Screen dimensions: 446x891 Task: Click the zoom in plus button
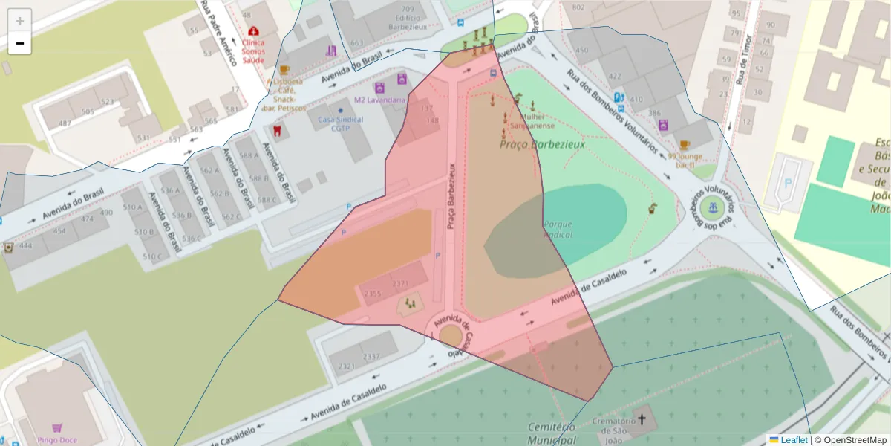[x=20, y=21]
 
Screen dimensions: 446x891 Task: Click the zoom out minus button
[x=20, y=44]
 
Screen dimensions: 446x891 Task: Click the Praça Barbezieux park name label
[x=542, y=144]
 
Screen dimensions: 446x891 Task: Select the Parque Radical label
[x=558, y=229]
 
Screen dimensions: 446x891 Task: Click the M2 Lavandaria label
[x=379, y=100]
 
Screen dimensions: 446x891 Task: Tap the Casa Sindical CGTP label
[x=340, y=123]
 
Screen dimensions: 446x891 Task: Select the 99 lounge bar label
[x=684, y=161]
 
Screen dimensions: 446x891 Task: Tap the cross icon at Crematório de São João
[x=642, y=420]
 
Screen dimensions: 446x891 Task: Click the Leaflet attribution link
[x=794, y=440]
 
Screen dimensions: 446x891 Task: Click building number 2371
[x=400, y=284]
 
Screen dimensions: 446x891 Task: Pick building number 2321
[x=346, y=366]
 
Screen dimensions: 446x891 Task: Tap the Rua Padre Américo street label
[x=218, y=33]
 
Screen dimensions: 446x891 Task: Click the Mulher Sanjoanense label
[x=533, y=121]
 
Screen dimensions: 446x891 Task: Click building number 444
[x=26, y=245]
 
